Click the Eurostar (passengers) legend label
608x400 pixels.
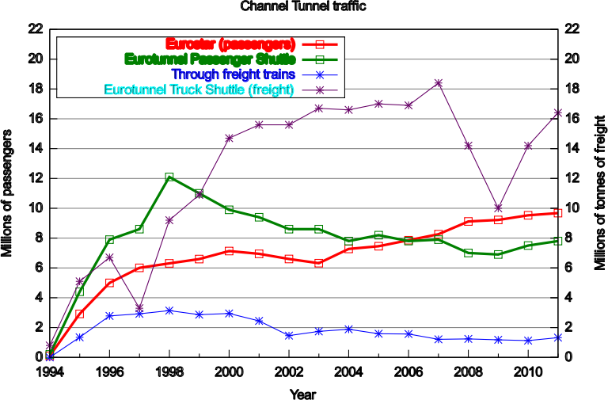click(x=230, y=44)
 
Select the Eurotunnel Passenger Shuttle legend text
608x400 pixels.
click(x=210, y=59)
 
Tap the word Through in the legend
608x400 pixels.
click(x=194, y=74)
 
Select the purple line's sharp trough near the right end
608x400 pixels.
click(x=498, y=208)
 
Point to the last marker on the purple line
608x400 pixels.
click(x=558, y=112)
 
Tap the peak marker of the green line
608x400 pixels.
click(x=169, y=177)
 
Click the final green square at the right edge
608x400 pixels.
click(x=558, y=241)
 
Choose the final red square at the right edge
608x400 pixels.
click(x=558, y=213)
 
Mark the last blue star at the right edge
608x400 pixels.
click(x=558, y=337)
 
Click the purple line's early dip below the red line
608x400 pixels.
click(x=139, y=307)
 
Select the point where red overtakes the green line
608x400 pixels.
click(x=408, y=240)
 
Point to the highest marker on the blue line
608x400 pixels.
click(x=169, y=310)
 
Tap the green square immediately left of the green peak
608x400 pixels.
click(x=139, y=229)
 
